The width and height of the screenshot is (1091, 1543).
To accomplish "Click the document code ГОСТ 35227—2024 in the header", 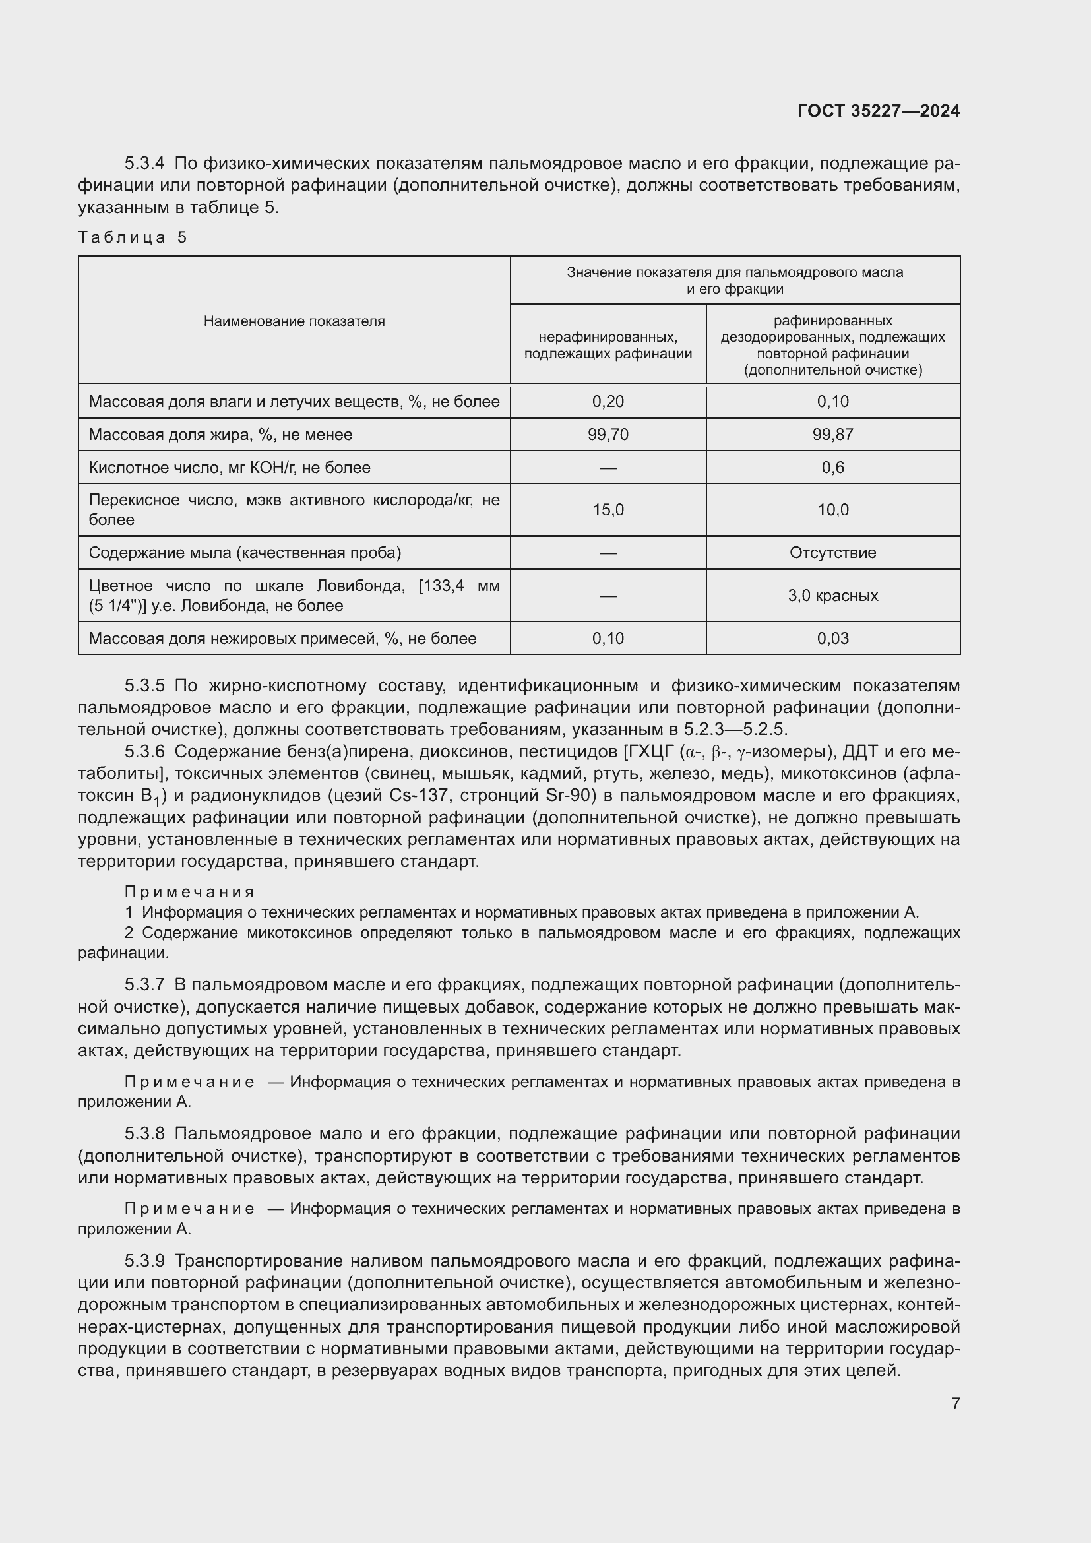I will pyautogui.click(x=878, y=111).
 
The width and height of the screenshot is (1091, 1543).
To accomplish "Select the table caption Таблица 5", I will pyautogui.click(x=133, y=237).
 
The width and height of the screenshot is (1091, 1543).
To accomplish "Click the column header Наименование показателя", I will pyautogui.click(x=294, y=321).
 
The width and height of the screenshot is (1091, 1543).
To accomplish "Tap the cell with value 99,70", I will pyautogui.click(x=608, y=435).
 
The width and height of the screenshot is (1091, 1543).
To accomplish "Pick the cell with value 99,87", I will pyautogui.click(x=832, y=435).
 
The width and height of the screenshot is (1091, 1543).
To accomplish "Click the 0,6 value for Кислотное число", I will pyautogui.click(x=832, y=468).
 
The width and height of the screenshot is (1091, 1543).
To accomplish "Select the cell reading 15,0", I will pyautogui.click(x=608, y=510).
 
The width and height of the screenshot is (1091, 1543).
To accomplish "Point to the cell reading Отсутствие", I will pyautogui.click(x=832, y=553).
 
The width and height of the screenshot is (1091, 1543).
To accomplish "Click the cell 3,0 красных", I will pyautogui.click(x=832, y=596).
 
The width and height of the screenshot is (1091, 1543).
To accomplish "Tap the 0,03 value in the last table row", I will pyautogui.click(x=832, y=639).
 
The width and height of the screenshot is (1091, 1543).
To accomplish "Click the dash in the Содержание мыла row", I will pyautogui.click(x=608, y=553).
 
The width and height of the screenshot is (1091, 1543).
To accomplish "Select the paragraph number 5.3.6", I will pyautogui.click(x=144, y=751).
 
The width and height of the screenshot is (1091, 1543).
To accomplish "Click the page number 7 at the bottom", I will pyautogui.click(x=955, y=1403).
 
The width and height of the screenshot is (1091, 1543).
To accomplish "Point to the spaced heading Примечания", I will pyautogui.click(x=189, y=892).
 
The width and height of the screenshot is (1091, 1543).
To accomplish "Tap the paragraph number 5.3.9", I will pyautogui.click(x=144, y=1261).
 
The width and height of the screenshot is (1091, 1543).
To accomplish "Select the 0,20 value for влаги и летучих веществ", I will pyautogui.click(x=608, y=402).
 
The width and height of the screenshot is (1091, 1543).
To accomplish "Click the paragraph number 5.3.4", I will pyautogui.click(x=144, y=164).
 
